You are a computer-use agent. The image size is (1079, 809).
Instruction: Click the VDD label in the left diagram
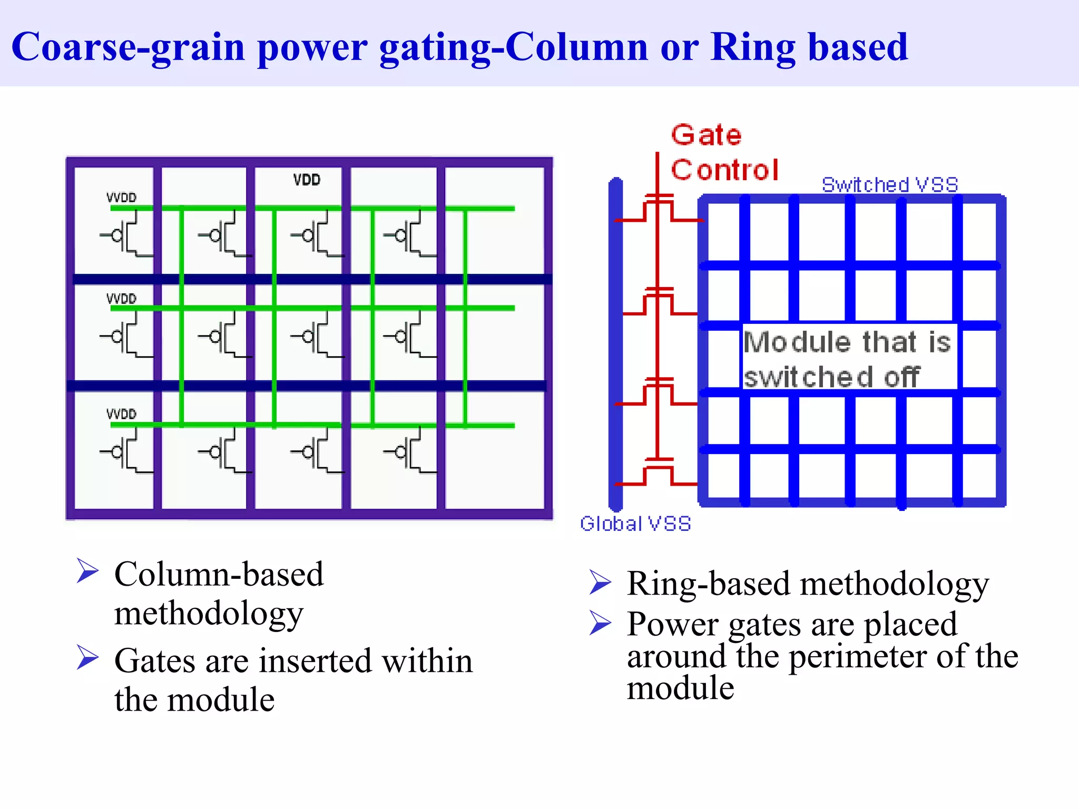click(307, 180)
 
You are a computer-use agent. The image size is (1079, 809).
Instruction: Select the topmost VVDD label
click(121, 198)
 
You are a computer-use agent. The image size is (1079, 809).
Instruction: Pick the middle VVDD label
click(121, 299)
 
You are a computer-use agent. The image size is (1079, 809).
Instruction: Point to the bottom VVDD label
click(121, 414)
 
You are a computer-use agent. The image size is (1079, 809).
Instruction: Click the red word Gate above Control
click(706, 135)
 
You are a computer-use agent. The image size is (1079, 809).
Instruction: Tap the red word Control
click(724, 170)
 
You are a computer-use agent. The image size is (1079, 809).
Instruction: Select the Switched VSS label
click(889, 185)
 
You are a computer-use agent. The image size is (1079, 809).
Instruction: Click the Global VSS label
click(635, 524)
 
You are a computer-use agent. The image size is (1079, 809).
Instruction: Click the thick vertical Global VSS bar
click(615, 342)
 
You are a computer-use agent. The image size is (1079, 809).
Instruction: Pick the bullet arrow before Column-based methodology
click(87, 571)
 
